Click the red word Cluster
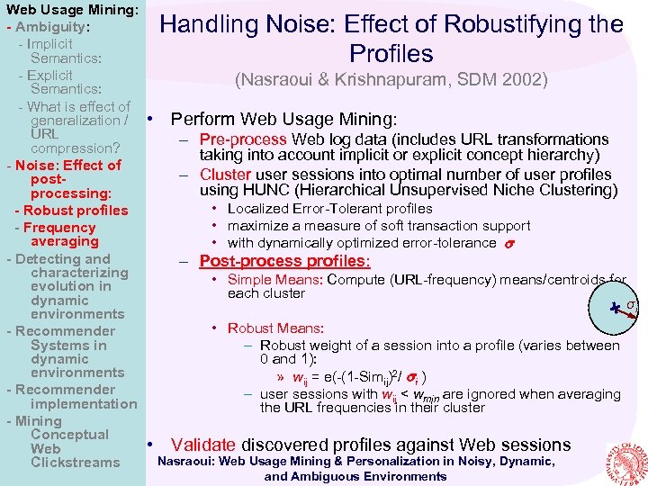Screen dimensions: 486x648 225,174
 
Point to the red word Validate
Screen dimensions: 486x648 203,445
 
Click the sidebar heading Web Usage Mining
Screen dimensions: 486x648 72,11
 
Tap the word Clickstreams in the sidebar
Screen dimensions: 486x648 75,463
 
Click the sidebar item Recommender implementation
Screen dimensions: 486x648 72,397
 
